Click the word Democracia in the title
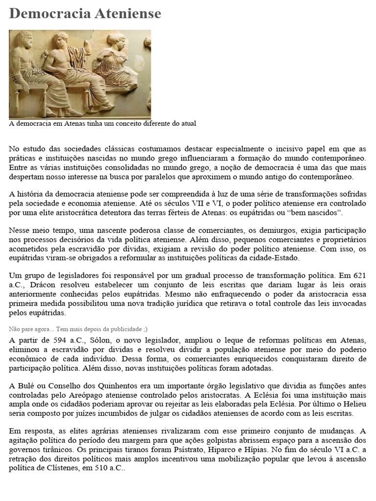point(48,14)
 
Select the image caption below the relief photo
point(102,123)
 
